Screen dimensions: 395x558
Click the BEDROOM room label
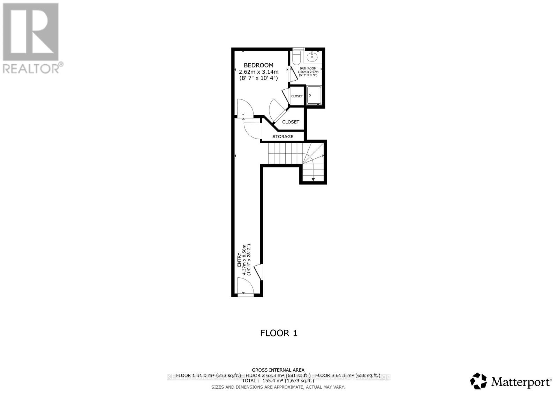click(x=258, y=65)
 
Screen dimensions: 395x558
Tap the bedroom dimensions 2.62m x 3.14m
click(x=258, y=72)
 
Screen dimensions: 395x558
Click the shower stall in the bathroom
click(x=314, y=95)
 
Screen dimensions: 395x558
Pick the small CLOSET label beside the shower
click(x=297, y=96)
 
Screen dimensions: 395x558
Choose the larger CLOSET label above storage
click(x=291, y=122)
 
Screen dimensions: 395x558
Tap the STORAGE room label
click(x=283, y=136)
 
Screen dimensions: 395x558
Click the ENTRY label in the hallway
click(x=239, y=260)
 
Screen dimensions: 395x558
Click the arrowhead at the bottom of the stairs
click(x=313, y=179)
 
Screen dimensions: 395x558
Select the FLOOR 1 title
click(x=279, y=333)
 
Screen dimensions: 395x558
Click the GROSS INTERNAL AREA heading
click(x=278, y=370)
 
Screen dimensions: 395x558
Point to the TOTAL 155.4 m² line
click(x=278, y=381)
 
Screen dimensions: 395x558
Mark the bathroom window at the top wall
click(x=298, y=49)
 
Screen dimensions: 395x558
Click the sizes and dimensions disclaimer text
click(x=278, y=387)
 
